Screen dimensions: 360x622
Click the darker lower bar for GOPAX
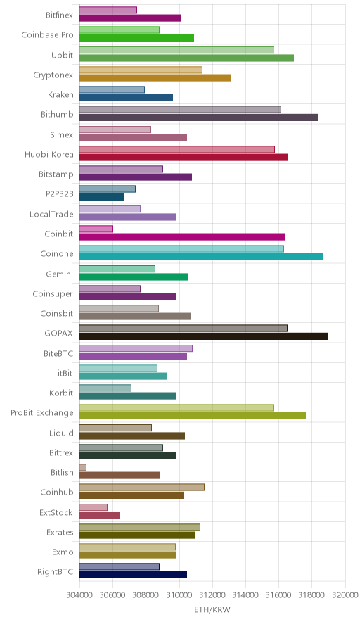[203, 336]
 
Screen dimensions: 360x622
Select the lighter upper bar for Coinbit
[96, 229]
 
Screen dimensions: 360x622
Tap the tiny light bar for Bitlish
[83, 467]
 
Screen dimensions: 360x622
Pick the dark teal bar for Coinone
[201, 257]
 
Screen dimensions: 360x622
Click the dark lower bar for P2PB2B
[102, 197]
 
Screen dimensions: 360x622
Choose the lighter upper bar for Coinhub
[142, 487]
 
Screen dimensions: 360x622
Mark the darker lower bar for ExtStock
[100, 515]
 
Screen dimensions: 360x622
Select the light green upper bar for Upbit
[176, 50]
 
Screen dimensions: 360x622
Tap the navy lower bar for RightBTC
[133, 575]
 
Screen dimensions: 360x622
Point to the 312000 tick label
[212, 595]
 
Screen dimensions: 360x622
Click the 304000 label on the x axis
[79, 595]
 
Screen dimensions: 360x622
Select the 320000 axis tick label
[345, 595]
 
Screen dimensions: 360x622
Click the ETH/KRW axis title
[212, 610]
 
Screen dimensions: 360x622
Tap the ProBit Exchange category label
[42, 413]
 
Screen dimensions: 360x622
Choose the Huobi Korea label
[49, 154]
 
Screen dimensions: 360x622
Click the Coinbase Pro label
[48, 35]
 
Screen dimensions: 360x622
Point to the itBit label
[65, 374]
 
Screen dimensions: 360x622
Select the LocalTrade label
[51, 214]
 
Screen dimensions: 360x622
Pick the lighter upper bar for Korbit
[105, 388]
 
